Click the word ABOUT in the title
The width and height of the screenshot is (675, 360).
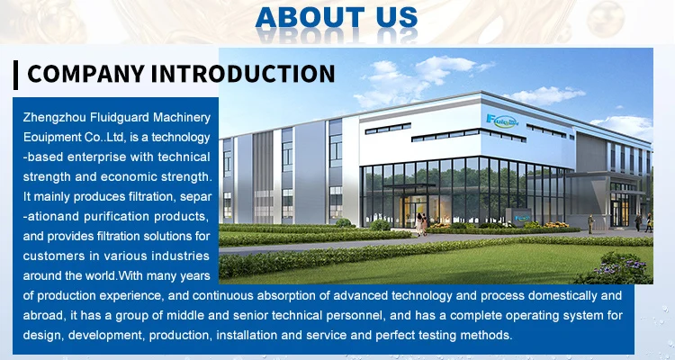pos(310,17)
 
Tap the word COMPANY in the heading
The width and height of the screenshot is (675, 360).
pos(85,74)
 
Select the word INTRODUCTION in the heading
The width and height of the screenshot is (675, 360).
pos(243,74)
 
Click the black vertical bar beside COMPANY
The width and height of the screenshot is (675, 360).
pos(16,75)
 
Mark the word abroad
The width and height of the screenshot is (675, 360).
pos(44,316)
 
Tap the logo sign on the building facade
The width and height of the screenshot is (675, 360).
pos(502,120)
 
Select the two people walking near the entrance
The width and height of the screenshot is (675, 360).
pos(421,224)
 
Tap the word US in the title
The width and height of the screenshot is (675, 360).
pos(397,17)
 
